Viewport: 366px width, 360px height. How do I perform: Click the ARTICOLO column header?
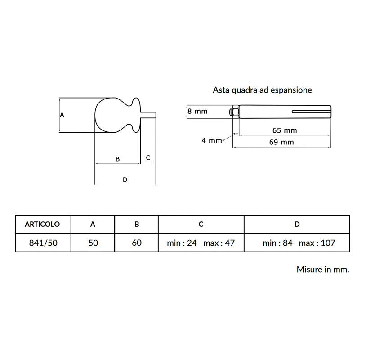(x=42, y=224)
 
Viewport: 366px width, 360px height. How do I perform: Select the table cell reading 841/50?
(x=43, y=243)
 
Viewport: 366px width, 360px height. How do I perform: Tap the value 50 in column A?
(x=93, y=243)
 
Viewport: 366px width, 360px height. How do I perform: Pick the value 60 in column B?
(x=137, y=243)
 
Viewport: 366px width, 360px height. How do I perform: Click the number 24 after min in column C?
(x=192, y=243)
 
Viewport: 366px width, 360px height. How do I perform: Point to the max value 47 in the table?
(x=230, y=243)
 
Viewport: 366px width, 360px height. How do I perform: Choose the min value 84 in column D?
(x=288, y=243)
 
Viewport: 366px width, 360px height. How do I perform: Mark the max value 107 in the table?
(x=328, y=243)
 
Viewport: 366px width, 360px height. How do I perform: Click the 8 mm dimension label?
(x=197, y=111)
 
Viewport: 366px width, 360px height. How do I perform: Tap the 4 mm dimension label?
(x=212, y=140)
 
